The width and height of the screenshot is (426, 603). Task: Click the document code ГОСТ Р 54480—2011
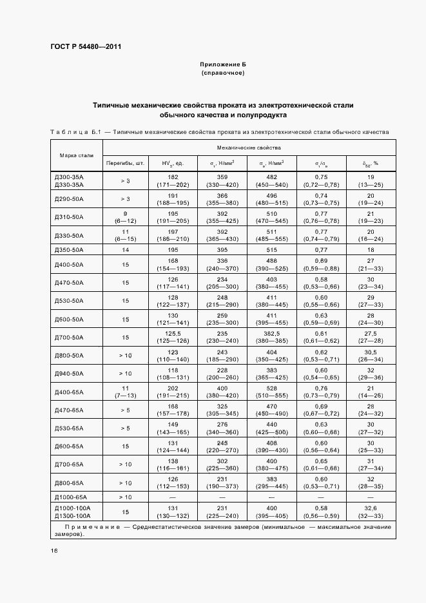click(x=86, y=47)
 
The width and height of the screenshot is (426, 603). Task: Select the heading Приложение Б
click(x=223, y=65)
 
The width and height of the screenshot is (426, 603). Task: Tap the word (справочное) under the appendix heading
click(x=223, y=73)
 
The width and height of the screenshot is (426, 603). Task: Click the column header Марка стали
click(x=77, y=155)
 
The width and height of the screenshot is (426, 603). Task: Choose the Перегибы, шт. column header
click(x=125, y=163)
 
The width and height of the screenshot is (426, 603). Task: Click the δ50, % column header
click(x=371, y=163)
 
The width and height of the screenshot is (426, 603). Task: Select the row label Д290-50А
click(x=68, y=198)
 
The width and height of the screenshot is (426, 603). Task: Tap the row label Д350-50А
click(x=68, y=249)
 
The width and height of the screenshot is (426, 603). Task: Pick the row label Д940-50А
click(x=68, y=374)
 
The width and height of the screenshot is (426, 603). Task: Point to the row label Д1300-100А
click(x=72, y=515)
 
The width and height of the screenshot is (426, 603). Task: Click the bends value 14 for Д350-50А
click(x=125, y=249)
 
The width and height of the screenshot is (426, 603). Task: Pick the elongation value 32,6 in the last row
click(x=371, y=508)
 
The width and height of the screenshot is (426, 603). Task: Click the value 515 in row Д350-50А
click(x=271, y=249)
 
